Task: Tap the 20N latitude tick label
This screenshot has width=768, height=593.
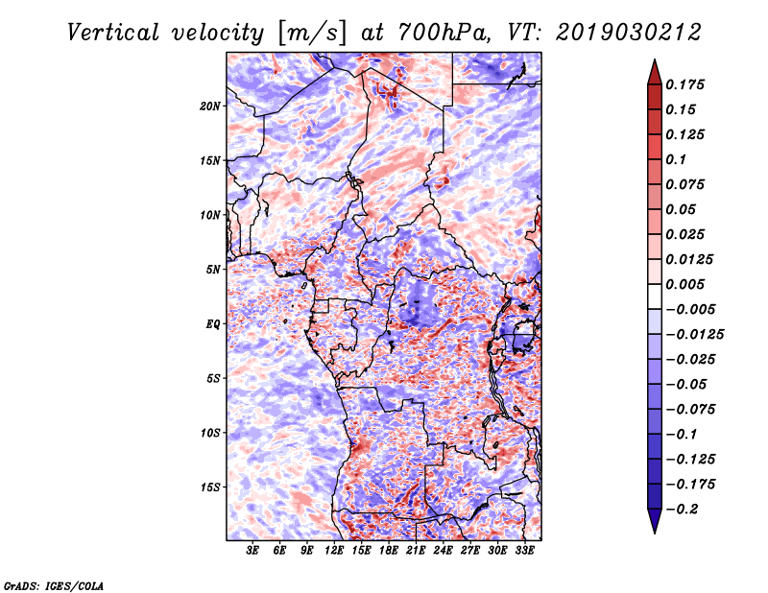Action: [x=210, y=106]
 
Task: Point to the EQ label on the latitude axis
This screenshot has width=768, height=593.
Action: [x=213, y=324]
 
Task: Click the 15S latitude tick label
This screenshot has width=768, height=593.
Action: [x=210, y=487]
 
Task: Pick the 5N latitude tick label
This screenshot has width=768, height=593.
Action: [x=213, y=270]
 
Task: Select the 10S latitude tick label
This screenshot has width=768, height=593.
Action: [x=210, y=433]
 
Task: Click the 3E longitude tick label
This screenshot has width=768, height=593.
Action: [x=253, y=552]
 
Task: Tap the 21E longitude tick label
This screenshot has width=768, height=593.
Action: [x=416, y=552]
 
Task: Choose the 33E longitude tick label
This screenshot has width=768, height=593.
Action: [x=524, y=552]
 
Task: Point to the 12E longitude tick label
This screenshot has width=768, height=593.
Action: [x=335, y=552]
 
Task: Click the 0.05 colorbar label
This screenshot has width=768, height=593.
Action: [x=683, y=210]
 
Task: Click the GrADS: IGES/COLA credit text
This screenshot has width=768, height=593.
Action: [x=53, y=584]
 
